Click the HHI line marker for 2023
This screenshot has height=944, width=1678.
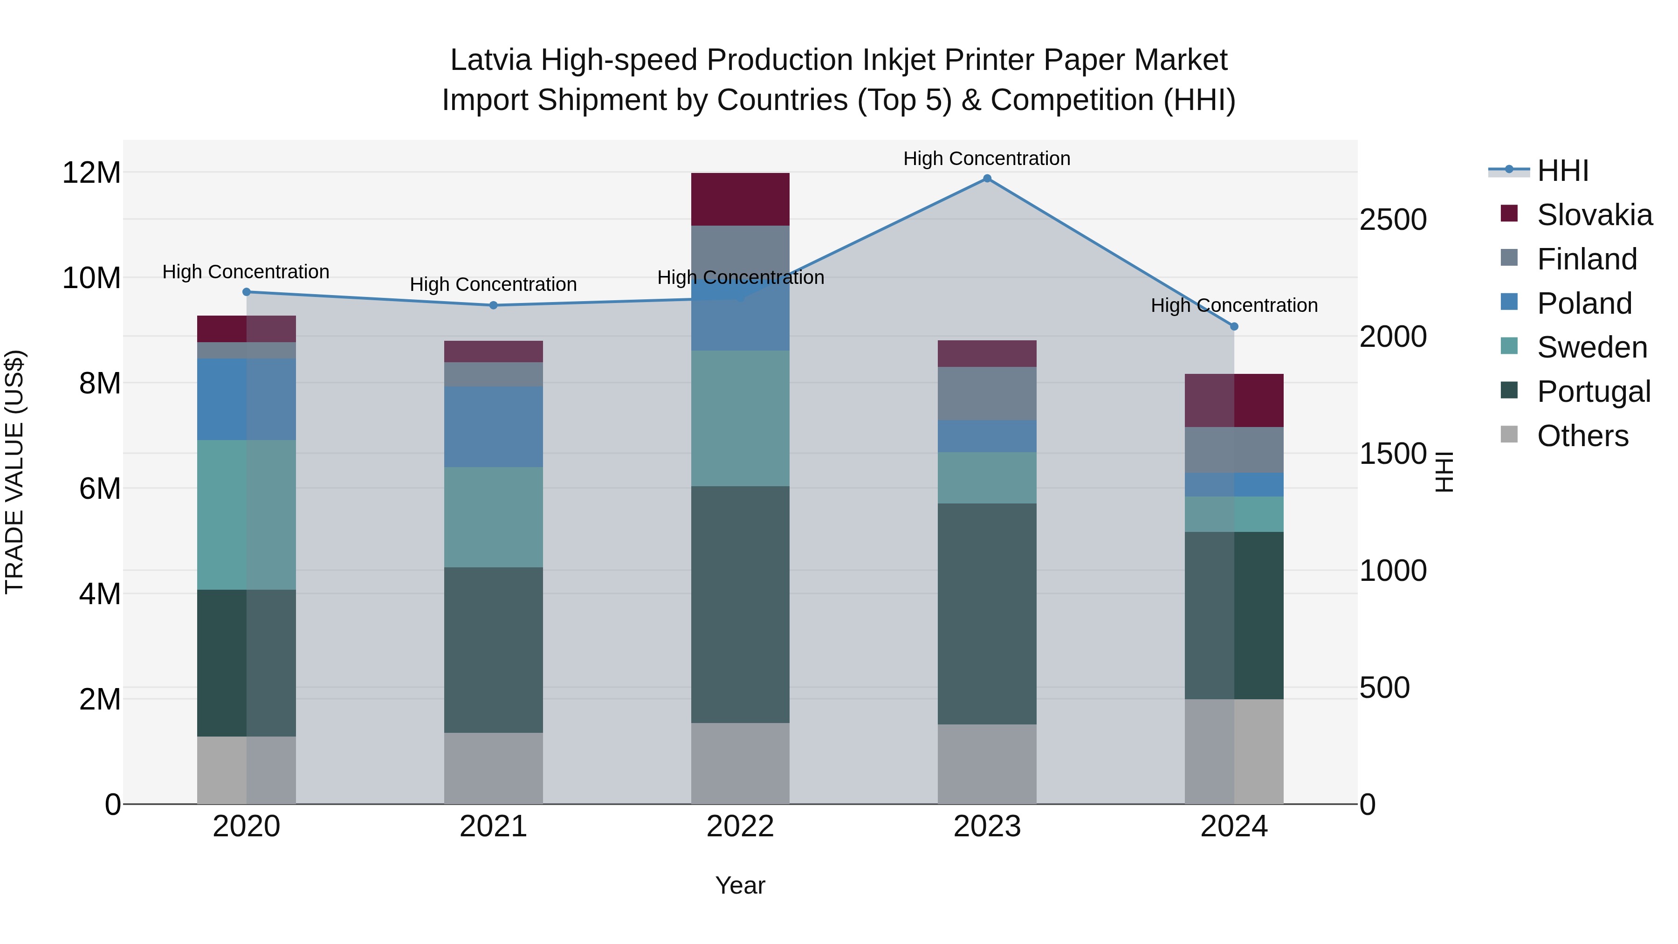pyautogui.click(x=987, y=179)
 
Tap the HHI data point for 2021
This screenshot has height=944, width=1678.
pyautogui.click(x=493, y=305)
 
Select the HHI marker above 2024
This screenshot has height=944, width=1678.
pyautogui.click(x=1234, y=326)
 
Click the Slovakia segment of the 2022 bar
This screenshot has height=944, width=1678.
pyautogui.click(x=740, y=200)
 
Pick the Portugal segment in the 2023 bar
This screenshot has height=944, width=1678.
pyautogui.click(x=987, y=613)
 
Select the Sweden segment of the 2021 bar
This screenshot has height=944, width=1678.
pyautogui.click(x=493, y=517)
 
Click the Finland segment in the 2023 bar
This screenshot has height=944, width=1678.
pyautogui.click(x=987, y=393)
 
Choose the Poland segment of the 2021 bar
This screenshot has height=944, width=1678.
pyautogui.click(x=493, y=427)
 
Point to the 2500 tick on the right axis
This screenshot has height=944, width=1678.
pyautogui.click(x=1393, y=220)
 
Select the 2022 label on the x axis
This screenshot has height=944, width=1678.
pyautogui.click(x=740, y=827)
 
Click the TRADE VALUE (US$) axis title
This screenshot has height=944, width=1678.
pyautogui.click(x=14, y=472)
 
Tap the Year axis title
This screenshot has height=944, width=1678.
pyautogui.click(x=740, y=885)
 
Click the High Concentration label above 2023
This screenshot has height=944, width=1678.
pyautogui.click(x=986, y=158)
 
